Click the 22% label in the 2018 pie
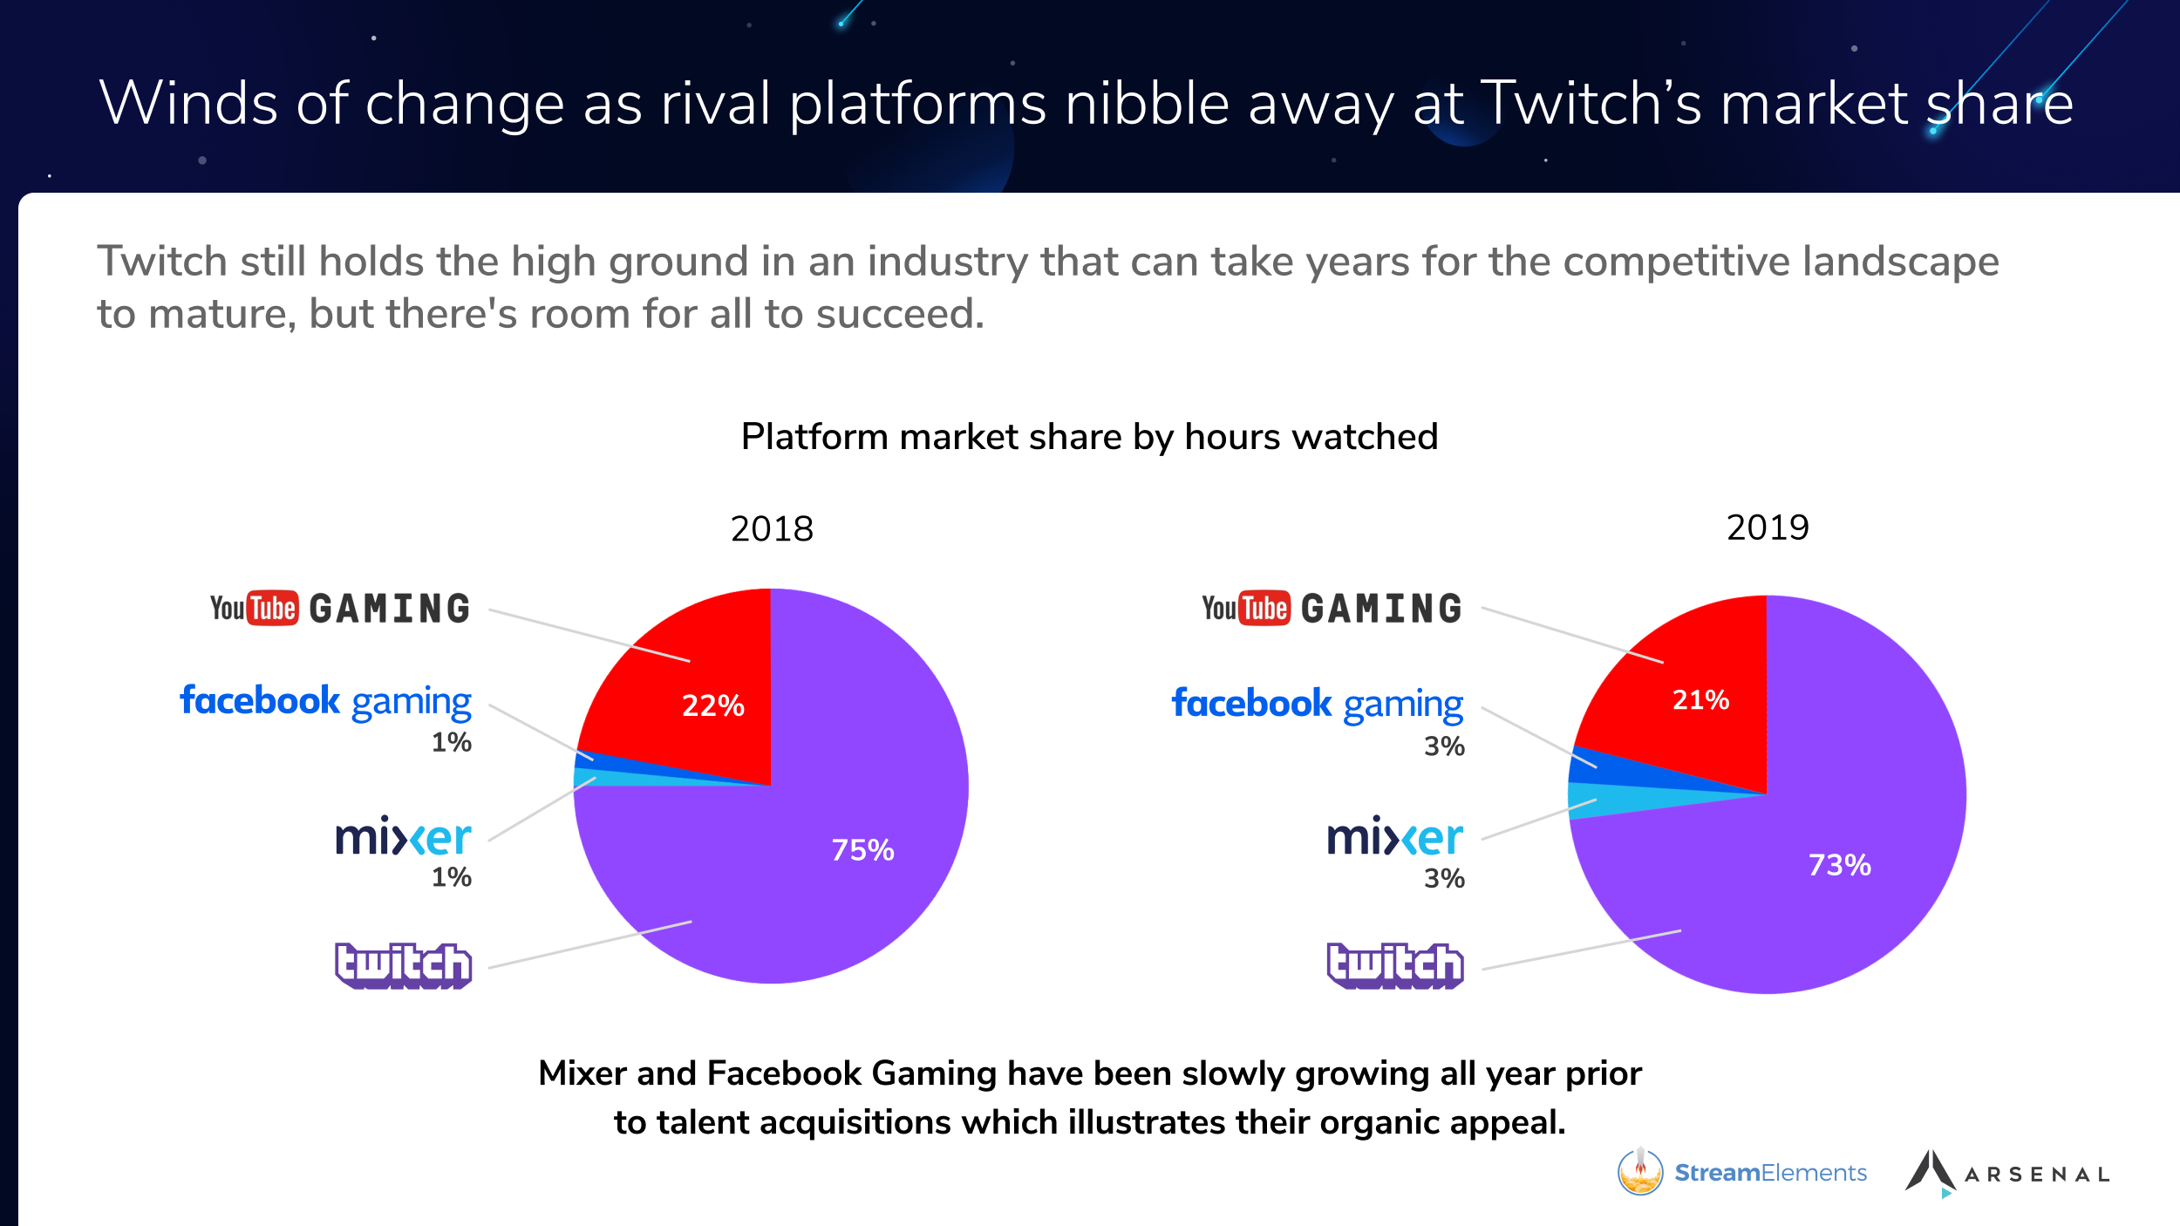712,705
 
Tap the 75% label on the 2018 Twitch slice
862,849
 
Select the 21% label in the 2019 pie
1700,699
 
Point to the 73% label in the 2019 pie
1839,864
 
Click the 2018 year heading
772,528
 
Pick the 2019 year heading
1768,528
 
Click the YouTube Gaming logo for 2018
340,608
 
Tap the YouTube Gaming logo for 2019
1332,608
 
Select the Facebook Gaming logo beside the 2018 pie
325,701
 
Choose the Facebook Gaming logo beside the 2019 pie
1317,704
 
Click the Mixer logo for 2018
403,836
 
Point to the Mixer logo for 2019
1394,836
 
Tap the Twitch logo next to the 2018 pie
403,965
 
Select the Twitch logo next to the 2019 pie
1394,965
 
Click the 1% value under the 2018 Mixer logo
451,876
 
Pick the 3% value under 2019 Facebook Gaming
1444,746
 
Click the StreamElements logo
1742,1172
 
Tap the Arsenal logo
2006,1173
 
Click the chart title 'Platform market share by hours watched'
1089,436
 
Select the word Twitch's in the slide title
1591,103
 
